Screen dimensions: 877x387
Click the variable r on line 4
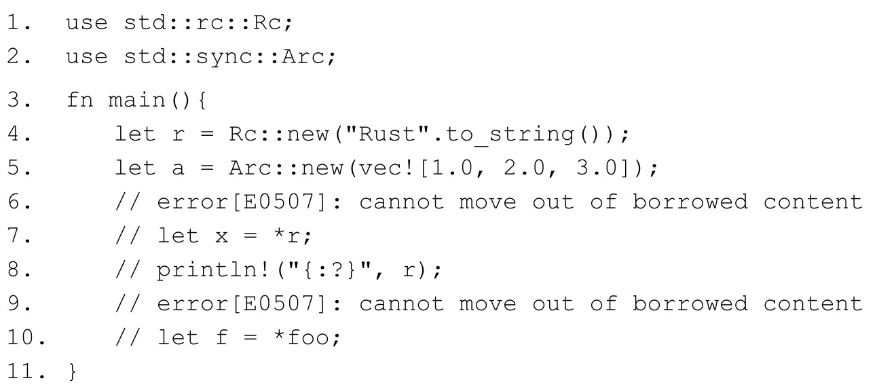coord(179,134)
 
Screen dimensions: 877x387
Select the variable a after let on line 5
coord(179,168)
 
